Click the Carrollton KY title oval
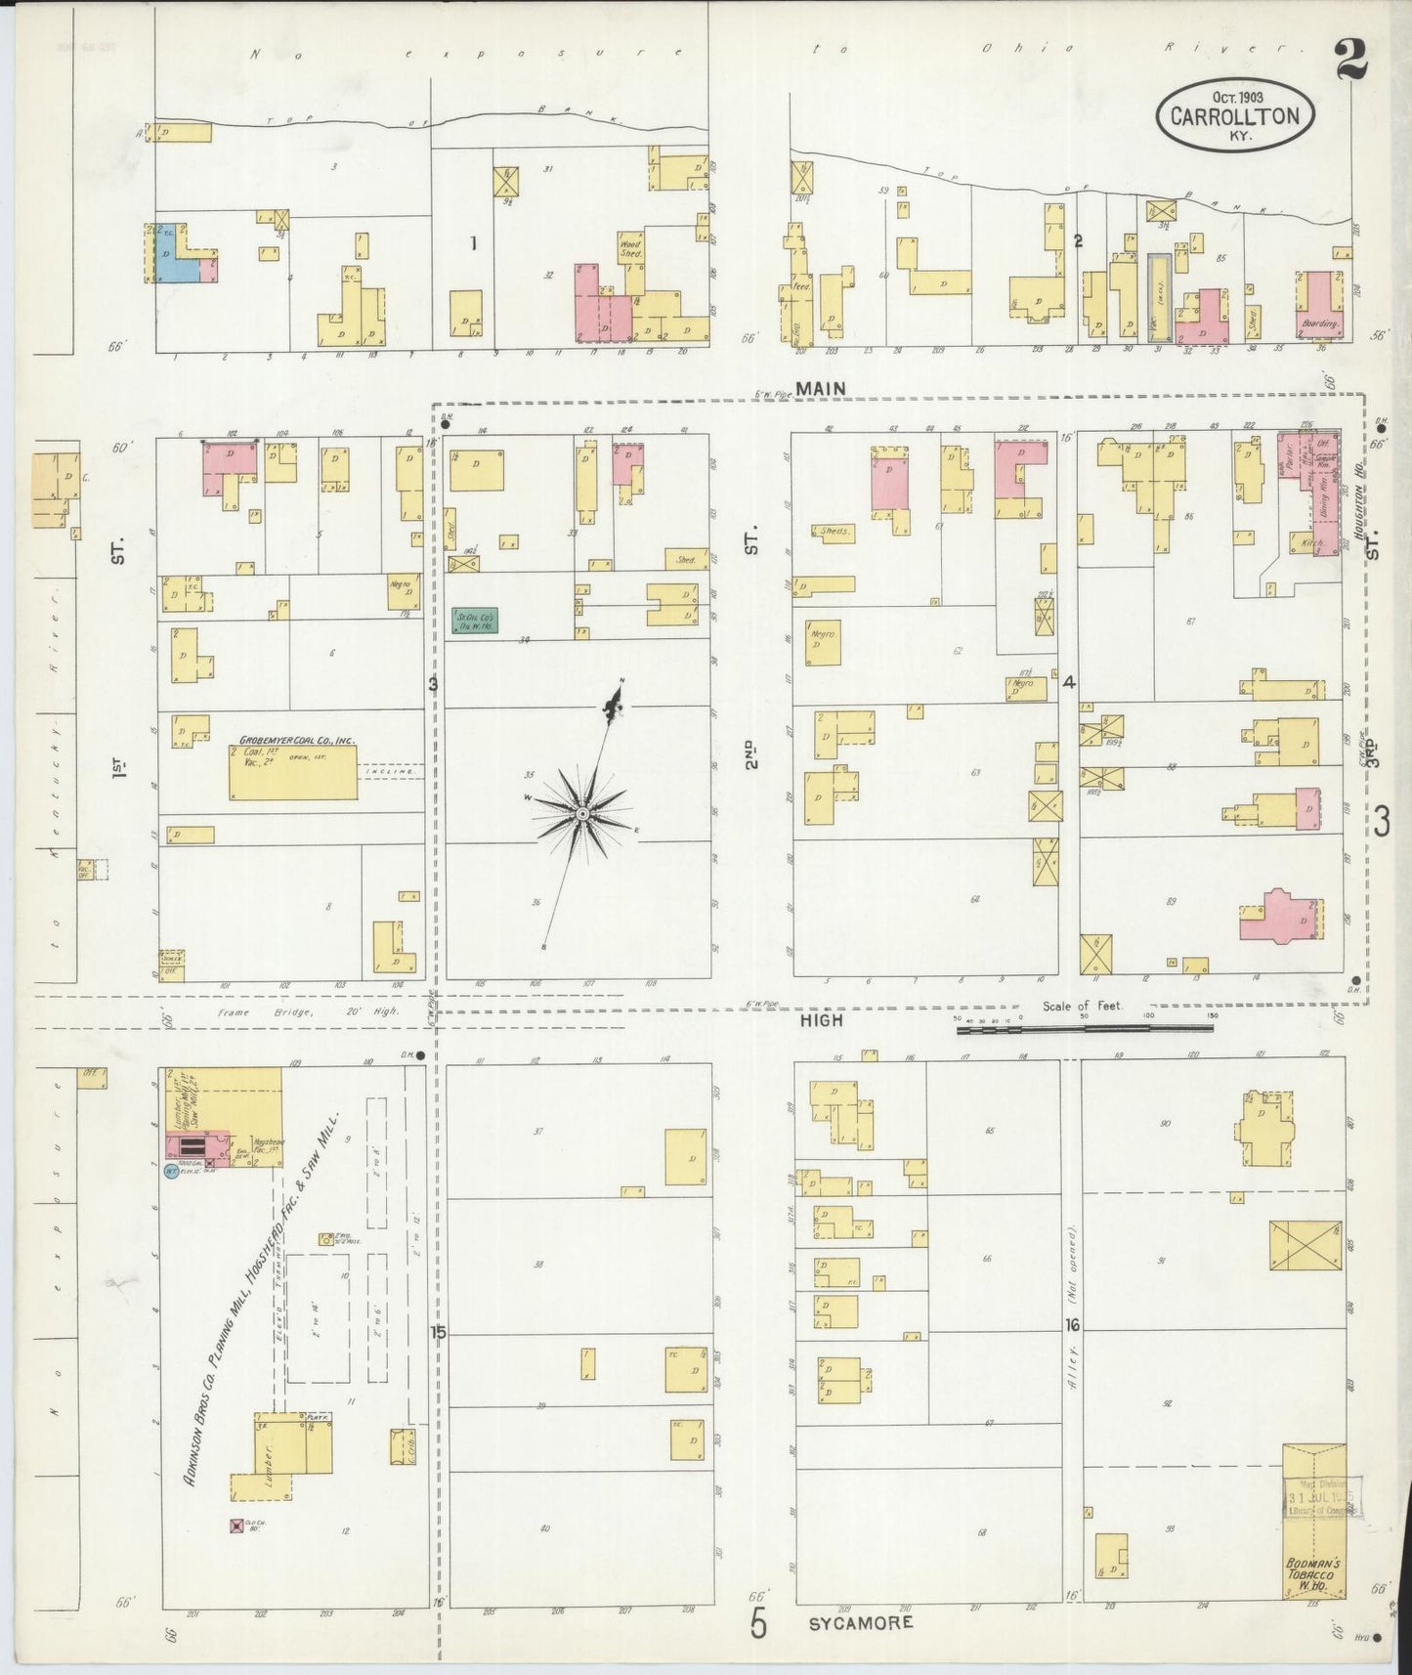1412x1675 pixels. (1235, 116)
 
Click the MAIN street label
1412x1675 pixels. (820, 389)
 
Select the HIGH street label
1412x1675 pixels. (821, 1019)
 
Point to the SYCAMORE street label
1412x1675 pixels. (861, 1621)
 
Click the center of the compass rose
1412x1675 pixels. (582, 814)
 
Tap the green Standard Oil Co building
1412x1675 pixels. (475, 620)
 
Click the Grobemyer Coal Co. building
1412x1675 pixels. (293, 772)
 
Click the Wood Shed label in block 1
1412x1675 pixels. (631, 245)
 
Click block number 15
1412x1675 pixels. (437, 1333)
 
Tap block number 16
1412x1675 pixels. (1072, 1325)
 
